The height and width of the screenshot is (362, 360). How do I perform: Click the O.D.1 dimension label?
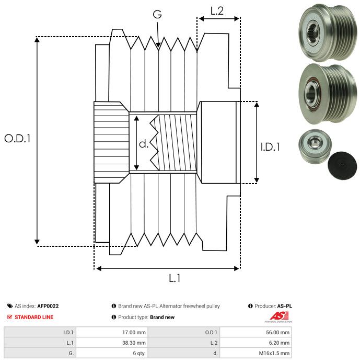[18, 139]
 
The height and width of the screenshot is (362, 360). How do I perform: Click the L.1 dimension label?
[175, 279]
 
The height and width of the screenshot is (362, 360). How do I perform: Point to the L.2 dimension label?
[217, 10]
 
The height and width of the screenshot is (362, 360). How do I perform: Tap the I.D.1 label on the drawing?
[270, 147]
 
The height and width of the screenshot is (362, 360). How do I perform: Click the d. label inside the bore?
[144, 143]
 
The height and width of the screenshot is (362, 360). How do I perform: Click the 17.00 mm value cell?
[134, 332]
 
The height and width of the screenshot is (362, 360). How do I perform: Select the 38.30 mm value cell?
[134, 343]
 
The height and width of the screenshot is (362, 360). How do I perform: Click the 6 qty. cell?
[137, 353]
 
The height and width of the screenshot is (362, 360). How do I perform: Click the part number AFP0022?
[48, 306]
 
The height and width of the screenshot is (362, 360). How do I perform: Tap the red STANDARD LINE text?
[33, 317]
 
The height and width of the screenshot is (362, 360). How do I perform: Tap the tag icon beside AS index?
[10, 306]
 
